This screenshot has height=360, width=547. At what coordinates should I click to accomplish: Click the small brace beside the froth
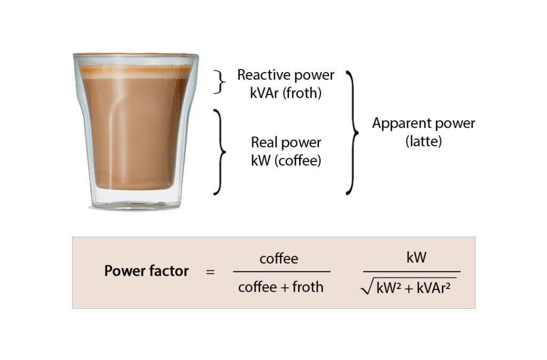tap(217, 82)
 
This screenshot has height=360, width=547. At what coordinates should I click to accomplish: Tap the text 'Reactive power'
tap(286, 75)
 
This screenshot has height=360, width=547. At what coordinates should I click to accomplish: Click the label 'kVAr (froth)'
tap(286, 93)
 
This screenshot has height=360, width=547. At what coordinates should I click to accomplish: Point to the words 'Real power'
tap(286, 143)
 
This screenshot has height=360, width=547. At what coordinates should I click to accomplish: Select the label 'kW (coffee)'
tap(286, 160)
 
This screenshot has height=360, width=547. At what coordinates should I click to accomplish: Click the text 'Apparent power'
tap(424, 123)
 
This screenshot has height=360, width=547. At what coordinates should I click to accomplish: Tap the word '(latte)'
tap(424, 142)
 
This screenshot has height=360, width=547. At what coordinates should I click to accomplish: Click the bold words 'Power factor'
tap(146, 271)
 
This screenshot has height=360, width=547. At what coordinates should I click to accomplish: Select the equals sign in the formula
tap(210, 272)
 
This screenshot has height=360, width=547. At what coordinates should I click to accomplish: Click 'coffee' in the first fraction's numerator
tap(279, 259)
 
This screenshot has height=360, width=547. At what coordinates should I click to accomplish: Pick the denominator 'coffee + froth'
tap(281, 287)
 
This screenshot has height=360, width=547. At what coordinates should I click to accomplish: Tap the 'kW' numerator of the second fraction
tap(416, 257)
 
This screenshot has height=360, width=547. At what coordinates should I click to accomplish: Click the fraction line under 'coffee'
tap(282, 272)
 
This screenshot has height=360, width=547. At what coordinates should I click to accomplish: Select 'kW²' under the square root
tap(388, 288)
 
